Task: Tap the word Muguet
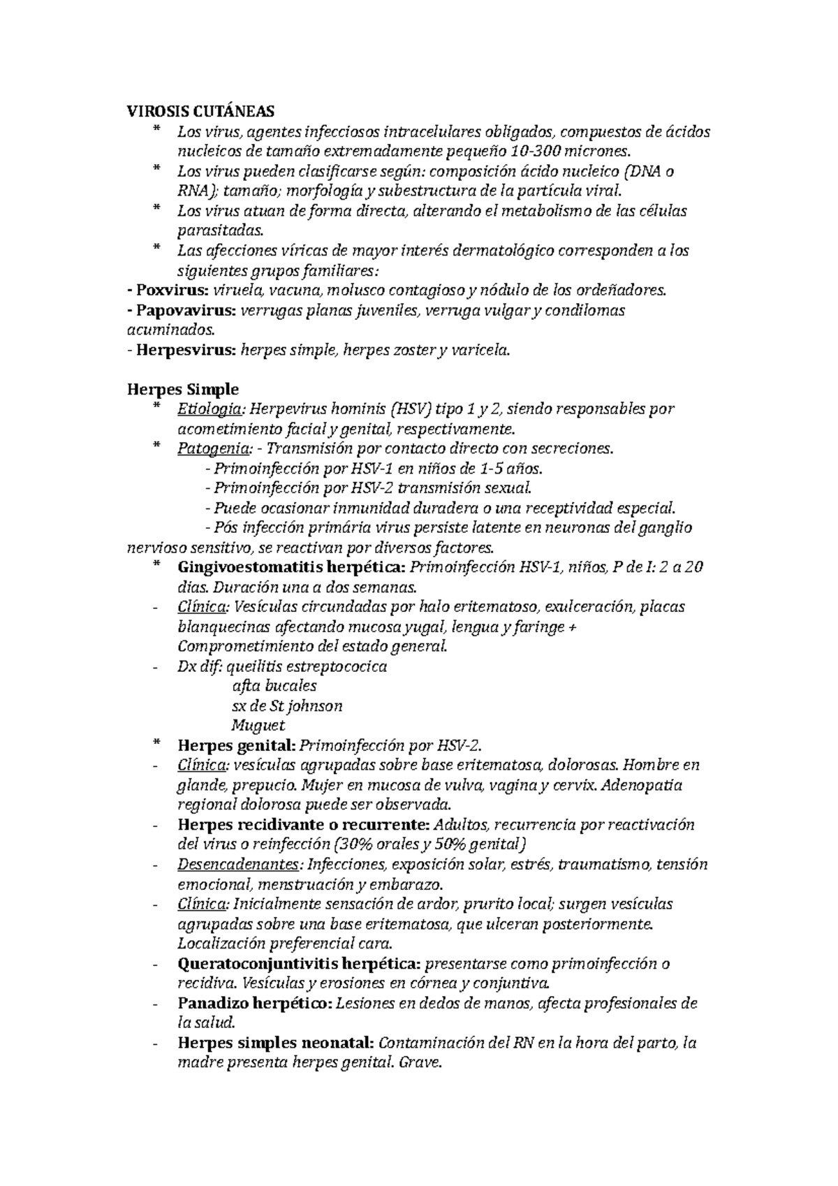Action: pos(258,726)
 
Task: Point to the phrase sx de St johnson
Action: pos(286,705)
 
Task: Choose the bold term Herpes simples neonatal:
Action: pos(276,1044)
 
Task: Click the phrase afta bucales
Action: pos(274,686)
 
